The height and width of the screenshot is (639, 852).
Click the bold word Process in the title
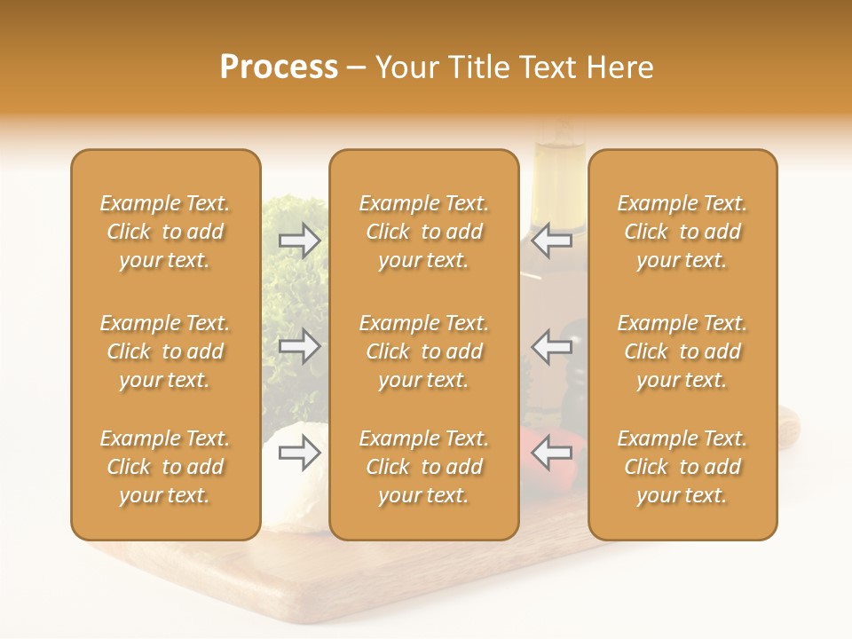tap(279, 67)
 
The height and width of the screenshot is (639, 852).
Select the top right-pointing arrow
tap(299, 241)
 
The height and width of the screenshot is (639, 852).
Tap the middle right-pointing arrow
tap(299, 345)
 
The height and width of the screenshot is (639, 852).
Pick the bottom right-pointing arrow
tap(299, 454)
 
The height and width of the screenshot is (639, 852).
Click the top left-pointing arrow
tap(552, 241)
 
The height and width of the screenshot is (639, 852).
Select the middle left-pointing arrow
tap(552, 345)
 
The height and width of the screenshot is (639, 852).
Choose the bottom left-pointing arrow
tap(552, 454)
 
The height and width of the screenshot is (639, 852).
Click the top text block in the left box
tap(165, 232)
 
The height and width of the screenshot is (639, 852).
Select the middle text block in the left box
tap(165, 351)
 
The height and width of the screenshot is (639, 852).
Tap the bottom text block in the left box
tap(165, 467)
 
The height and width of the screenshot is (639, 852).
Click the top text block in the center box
tap(423, 232)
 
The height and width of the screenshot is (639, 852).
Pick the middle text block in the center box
tap(423, 351)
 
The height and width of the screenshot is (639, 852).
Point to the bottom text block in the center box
tap(423, 467)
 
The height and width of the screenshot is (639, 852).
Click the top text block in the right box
tap(682, 232)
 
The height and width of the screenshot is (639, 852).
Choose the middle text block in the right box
tap(682, 351)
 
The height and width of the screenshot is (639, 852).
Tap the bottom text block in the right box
tap(682, 467)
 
